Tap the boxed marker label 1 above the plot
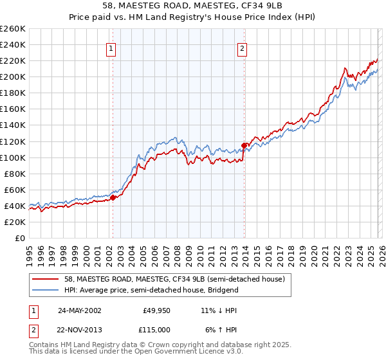pyautogui.click(x=111, y=48)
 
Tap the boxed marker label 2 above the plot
pyautogui.click(x=243, y=48)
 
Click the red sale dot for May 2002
pyautogui.click(x=113, y=198)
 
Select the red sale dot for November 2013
pyautogui.click(x=244, y=145)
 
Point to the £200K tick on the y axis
pyautogui.click(x=13, y=76)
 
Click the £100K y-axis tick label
pyautogui.click(x=13, y=157)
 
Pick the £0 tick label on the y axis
pyautogui.click(x=19, y=238)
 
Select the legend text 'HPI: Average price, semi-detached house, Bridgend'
pyautogui.click(x=151, y=290)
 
